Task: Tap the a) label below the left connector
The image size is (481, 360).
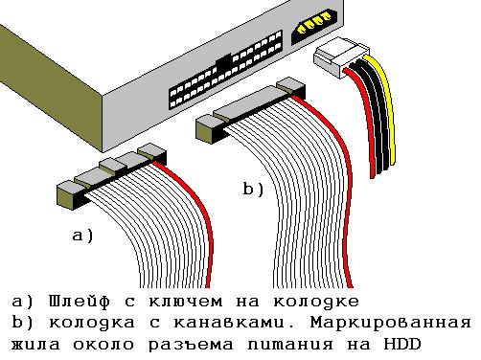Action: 82,234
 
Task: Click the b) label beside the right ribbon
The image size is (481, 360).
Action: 252,191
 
